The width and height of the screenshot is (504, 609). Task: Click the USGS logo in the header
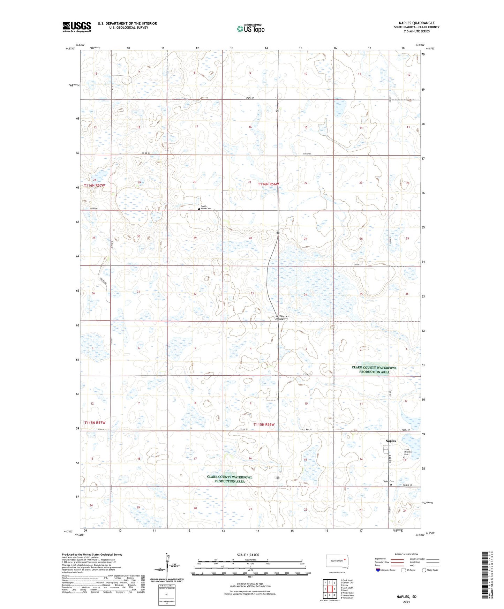tap(77, 27)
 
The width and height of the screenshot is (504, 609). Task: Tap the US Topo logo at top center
tap(250, 29)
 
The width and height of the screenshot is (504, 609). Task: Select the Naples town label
tap(391, 441)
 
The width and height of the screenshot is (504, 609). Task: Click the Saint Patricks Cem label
tap(408, 452)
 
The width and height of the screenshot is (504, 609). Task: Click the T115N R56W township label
tap(264, 424)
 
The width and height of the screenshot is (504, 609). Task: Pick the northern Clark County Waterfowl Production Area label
tap(374, 370)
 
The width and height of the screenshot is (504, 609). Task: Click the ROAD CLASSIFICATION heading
tap(406, 554)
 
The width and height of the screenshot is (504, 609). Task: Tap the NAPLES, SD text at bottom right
tap(406, 596)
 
